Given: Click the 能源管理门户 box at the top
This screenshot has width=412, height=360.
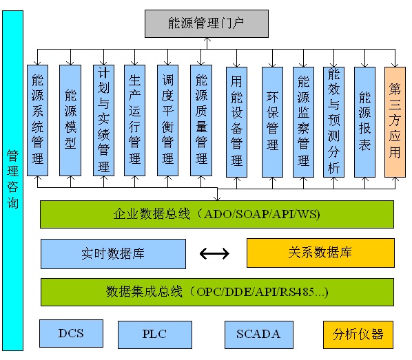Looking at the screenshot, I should click(206, 23).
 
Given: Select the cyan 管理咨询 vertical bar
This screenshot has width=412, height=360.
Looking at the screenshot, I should click(12, 179).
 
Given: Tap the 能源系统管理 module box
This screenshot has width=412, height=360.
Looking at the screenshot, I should click(38, 120).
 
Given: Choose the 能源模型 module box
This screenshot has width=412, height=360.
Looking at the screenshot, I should click(70, 120).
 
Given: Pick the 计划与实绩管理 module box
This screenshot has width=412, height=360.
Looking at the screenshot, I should click(103, 120).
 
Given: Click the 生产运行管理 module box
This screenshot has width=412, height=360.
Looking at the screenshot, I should click(135, 120).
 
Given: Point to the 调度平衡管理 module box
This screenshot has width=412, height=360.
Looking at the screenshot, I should click(167, 120).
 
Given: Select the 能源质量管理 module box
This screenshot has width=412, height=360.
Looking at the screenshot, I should click(201, 120).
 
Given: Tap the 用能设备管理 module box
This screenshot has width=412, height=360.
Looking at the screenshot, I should click(237, 121).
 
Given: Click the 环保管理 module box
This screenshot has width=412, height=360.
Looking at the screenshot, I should click(272, 121).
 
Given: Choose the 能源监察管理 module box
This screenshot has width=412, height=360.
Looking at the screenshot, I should click(303, 121).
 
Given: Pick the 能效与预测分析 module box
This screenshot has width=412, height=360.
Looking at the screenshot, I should click(334, 121).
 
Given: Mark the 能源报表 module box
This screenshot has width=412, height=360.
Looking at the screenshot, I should click(365, 120).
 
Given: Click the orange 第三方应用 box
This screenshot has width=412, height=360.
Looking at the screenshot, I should click(395, 120).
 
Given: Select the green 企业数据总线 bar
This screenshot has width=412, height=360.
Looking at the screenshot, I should click(217, 214).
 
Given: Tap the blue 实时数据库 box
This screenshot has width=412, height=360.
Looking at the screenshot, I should click(113, 253).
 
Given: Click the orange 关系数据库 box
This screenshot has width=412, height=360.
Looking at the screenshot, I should click(320, 253).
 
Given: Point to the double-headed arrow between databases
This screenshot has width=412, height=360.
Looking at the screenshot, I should click(215, 254).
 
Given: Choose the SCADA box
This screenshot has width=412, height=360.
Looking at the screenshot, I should click(258, 334).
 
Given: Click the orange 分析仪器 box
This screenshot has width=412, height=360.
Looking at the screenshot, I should click(358, 335).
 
